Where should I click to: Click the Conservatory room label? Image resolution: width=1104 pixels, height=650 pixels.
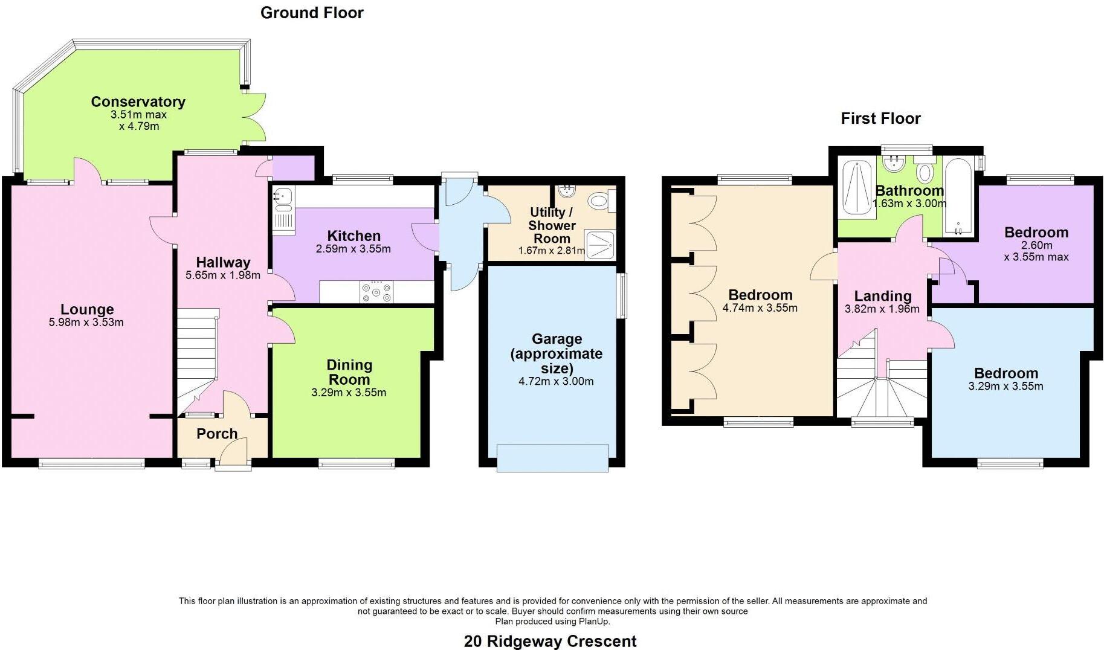click(138, 101)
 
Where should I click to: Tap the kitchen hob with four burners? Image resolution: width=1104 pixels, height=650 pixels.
click(376, 292)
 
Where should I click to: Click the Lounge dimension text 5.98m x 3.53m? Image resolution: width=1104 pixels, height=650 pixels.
click(86, 323)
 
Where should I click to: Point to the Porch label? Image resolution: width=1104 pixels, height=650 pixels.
click(217, 434)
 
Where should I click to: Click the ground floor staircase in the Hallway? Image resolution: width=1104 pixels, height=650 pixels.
click(197, 356)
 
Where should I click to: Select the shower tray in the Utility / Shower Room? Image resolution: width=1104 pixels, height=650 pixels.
click(600, 245)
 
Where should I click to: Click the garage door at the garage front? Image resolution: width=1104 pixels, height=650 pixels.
click(552, 457)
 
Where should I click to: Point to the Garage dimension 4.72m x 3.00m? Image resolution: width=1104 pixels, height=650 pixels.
click(556, 381)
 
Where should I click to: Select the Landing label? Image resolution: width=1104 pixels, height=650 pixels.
click(882, 296)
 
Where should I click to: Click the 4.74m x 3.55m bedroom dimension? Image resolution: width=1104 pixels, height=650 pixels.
click(760, 308)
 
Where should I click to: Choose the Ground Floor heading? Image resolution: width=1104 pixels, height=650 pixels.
click(312, 13)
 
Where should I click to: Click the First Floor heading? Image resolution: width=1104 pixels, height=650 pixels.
click(880, 118)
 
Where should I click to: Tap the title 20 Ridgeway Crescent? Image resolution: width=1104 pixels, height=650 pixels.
click(550, 641)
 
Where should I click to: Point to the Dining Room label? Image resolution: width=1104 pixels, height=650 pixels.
click(349, 372)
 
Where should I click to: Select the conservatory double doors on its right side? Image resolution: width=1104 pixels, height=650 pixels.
click(257, 118)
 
